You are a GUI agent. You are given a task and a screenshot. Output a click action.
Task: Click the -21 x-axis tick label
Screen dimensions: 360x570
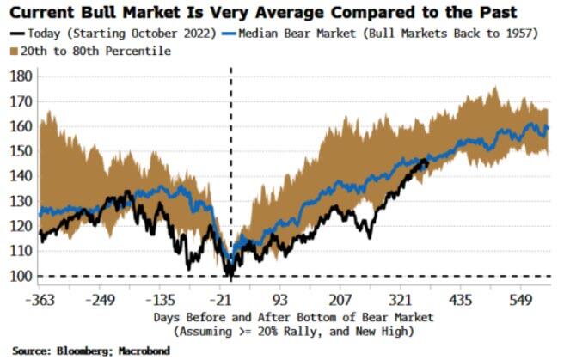tap(230, 301)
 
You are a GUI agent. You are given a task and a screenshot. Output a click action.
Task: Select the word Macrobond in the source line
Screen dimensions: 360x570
tap(145, 351)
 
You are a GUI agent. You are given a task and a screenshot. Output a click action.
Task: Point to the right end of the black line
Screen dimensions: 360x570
tap(427, 159)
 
